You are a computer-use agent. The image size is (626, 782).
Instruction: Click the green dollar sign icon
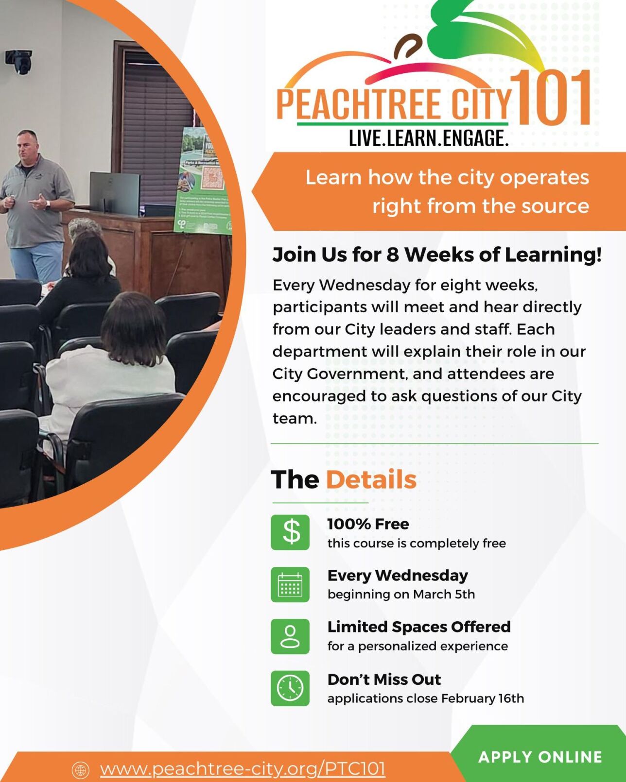click(290, 532)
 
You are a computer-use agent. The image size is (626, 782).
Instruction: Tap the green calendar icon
click(290, 584)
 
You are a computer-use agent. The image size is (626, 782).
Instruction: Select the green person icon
click(290, 636)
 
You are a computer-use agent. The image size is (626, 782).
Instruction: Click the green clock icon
click(290, 688)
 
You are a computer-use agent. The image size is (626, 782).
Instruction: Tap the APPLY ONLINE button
click(540, 757)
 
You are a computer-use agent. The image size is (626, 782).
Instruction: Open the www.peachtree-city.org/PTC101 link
click(243, 769)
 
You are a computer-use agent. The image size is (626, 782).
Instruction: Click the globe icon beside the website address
click(81, 770)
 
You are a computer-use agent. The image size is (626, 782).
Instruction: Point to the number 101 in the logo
click(552, 98)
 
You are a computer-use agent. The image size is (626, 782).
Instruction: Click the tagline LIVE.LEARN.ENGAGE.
click(429, 138)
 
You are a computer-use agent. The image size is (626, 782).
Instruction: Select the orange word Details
click(371, 479)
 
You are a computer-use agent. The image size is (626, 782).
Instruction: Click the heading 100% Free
click(368, 524)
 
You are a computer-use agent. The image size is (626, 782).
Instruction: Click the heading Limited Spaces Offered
click(419, 627)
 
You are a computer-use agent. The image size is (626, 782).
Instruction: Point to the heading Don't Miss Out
click(384, 680)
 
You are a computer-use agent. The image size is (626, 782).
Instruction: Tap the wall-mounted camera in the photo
click(19, 61)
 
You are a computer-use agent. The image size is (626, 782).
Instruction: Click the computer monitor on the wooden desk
click(114, 193)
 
